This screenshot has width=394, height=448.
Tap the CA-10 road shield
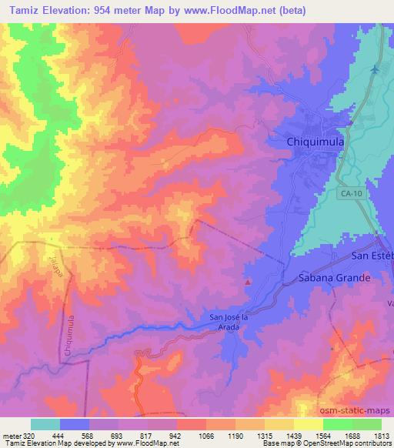pos(349,196)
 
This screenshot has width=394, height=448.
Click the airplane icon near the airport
pos(375,70)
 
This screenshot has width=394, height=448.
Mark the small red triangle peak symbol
pos(248,283)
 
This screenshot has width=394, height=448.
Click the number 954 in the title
pos(105,10)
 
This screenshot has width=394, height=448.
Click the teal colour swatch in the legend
pos(45,424)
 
